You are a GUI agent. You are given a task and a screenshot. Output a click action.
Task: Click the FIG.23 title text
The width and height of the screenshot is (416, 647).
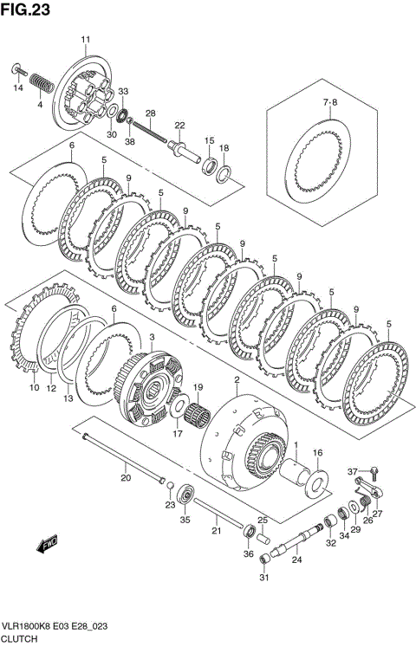(26, 10)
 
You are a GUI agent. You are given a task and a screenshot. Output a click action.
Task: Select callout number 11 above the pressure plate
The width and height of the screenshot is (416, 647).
(86, 40)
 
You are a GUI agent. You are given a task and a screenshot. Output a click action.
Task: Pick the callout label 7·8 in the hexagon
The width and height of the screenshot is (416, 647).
(329, 102)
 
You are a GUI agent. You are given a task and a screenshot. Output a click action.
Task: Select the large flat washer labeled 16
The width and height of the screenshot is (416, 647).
(317, 482)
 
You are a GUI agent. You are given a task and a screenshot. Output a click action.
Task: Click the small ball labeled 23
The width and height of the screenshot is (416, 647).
(171, 483)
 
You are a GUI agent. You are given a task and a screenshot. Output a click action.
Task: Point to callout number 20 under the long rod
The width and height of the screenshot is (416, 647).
(126, 478)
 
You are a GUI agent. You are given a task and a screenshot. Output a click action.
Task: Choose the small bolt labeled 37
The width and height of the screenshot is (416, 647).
(374, 472)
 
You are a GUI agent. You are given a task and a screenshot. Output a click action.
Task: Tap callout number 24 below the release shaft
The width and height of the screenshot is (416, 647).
(296, 560)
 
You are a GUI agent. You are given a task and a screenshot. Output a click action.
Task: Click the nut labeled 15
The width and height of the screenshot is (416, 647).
(210, 166)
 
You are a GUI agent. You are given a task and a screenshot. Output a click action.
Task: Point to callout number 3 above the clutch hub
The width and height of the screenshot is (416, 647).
(152, 338)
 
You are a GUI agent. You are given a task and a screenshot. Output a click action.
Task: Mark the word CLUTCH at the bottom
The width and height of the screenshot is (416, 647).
(20, 638)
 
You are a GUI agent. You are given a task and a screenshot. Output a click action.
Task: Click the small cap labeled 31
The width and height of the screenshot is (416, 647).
(264, 560)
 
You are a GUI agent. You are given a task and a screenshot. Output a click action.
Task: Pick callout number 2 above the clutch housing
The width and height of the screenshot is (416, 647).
(237, 379)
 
